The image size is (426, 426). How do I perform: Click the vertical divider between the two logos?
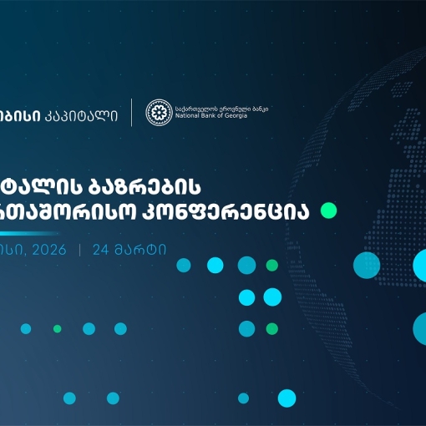[x=131, y=112]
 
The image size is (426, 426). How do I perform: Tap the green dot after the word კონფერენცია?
[x=328, y=210]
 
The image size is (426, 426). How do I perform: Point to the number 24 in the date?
[x=102, y=226]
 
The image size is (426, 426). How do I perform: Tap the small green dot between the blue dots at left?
[x=57, y=328]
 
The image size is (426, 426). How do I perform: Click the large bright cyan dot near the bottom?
[x=287, y=398]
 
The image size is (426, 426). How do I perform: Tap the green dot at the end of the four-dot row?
[x=271, y=266]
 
